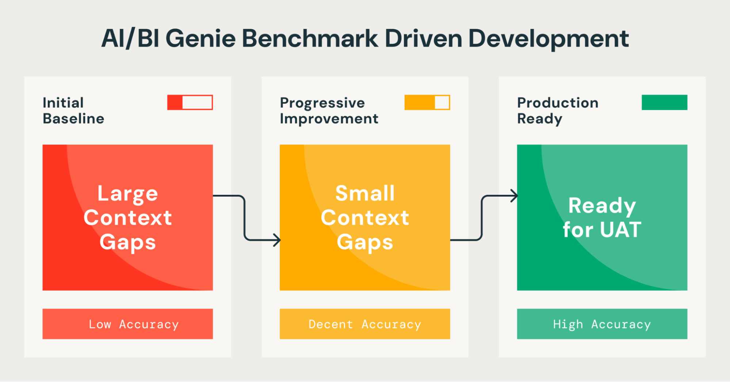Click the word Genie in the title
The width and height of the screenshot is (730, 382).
[x=200, y=39]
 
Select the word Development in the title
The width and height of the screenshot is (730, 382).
[x=548, y=39]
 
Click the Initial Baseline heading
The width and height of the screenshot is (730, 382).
[x=73, y=111]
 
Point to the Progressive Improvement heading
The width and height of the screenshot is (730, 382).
[x=329, y=111]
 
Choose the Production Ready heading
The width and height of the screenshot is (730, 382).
[x=557, y=111]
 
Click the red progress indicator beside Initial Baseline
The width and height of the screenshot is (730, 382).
[x=190, y=103]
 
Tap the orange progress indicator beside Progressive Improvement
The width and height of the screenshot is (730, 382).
[x=427, y=103]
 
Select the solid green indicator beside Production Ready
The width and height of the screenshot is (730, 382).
[x=664, y=103]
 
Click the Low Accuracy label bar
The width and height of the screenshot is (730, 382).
[x=127, y=324]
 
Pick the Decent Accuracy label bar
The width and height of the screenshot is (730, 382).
[x=364, y=324]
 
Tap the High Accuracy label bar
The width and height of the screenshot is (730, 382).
[x=602, y=324]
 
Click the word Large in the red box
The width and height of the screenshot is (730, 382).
[x=127, y=194]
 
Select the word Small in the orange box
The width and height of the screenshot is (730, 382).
[x=365, y=193]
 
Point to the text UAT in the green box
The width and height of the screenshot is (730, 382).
[x=620, y=230]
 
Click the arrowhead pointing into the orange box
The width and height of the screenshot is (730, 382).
[x=277, y=240]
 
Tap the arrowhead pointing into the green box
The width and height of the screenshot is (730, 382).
[x=514, y=196]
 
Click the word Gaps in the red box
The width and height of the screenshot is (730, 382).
[x=127, y=242]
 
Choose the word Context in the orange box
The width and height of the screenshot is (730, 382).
[x=365, y=218]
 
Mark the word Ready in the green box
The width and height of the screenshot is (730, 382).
[x=602, y=206]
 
